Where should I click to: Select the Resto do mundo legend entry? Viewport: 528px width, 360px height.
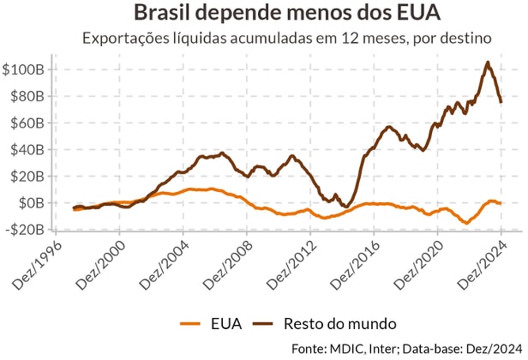[327, 323]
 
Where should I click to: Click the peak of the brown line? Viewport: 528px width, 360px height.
[488, 63]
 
